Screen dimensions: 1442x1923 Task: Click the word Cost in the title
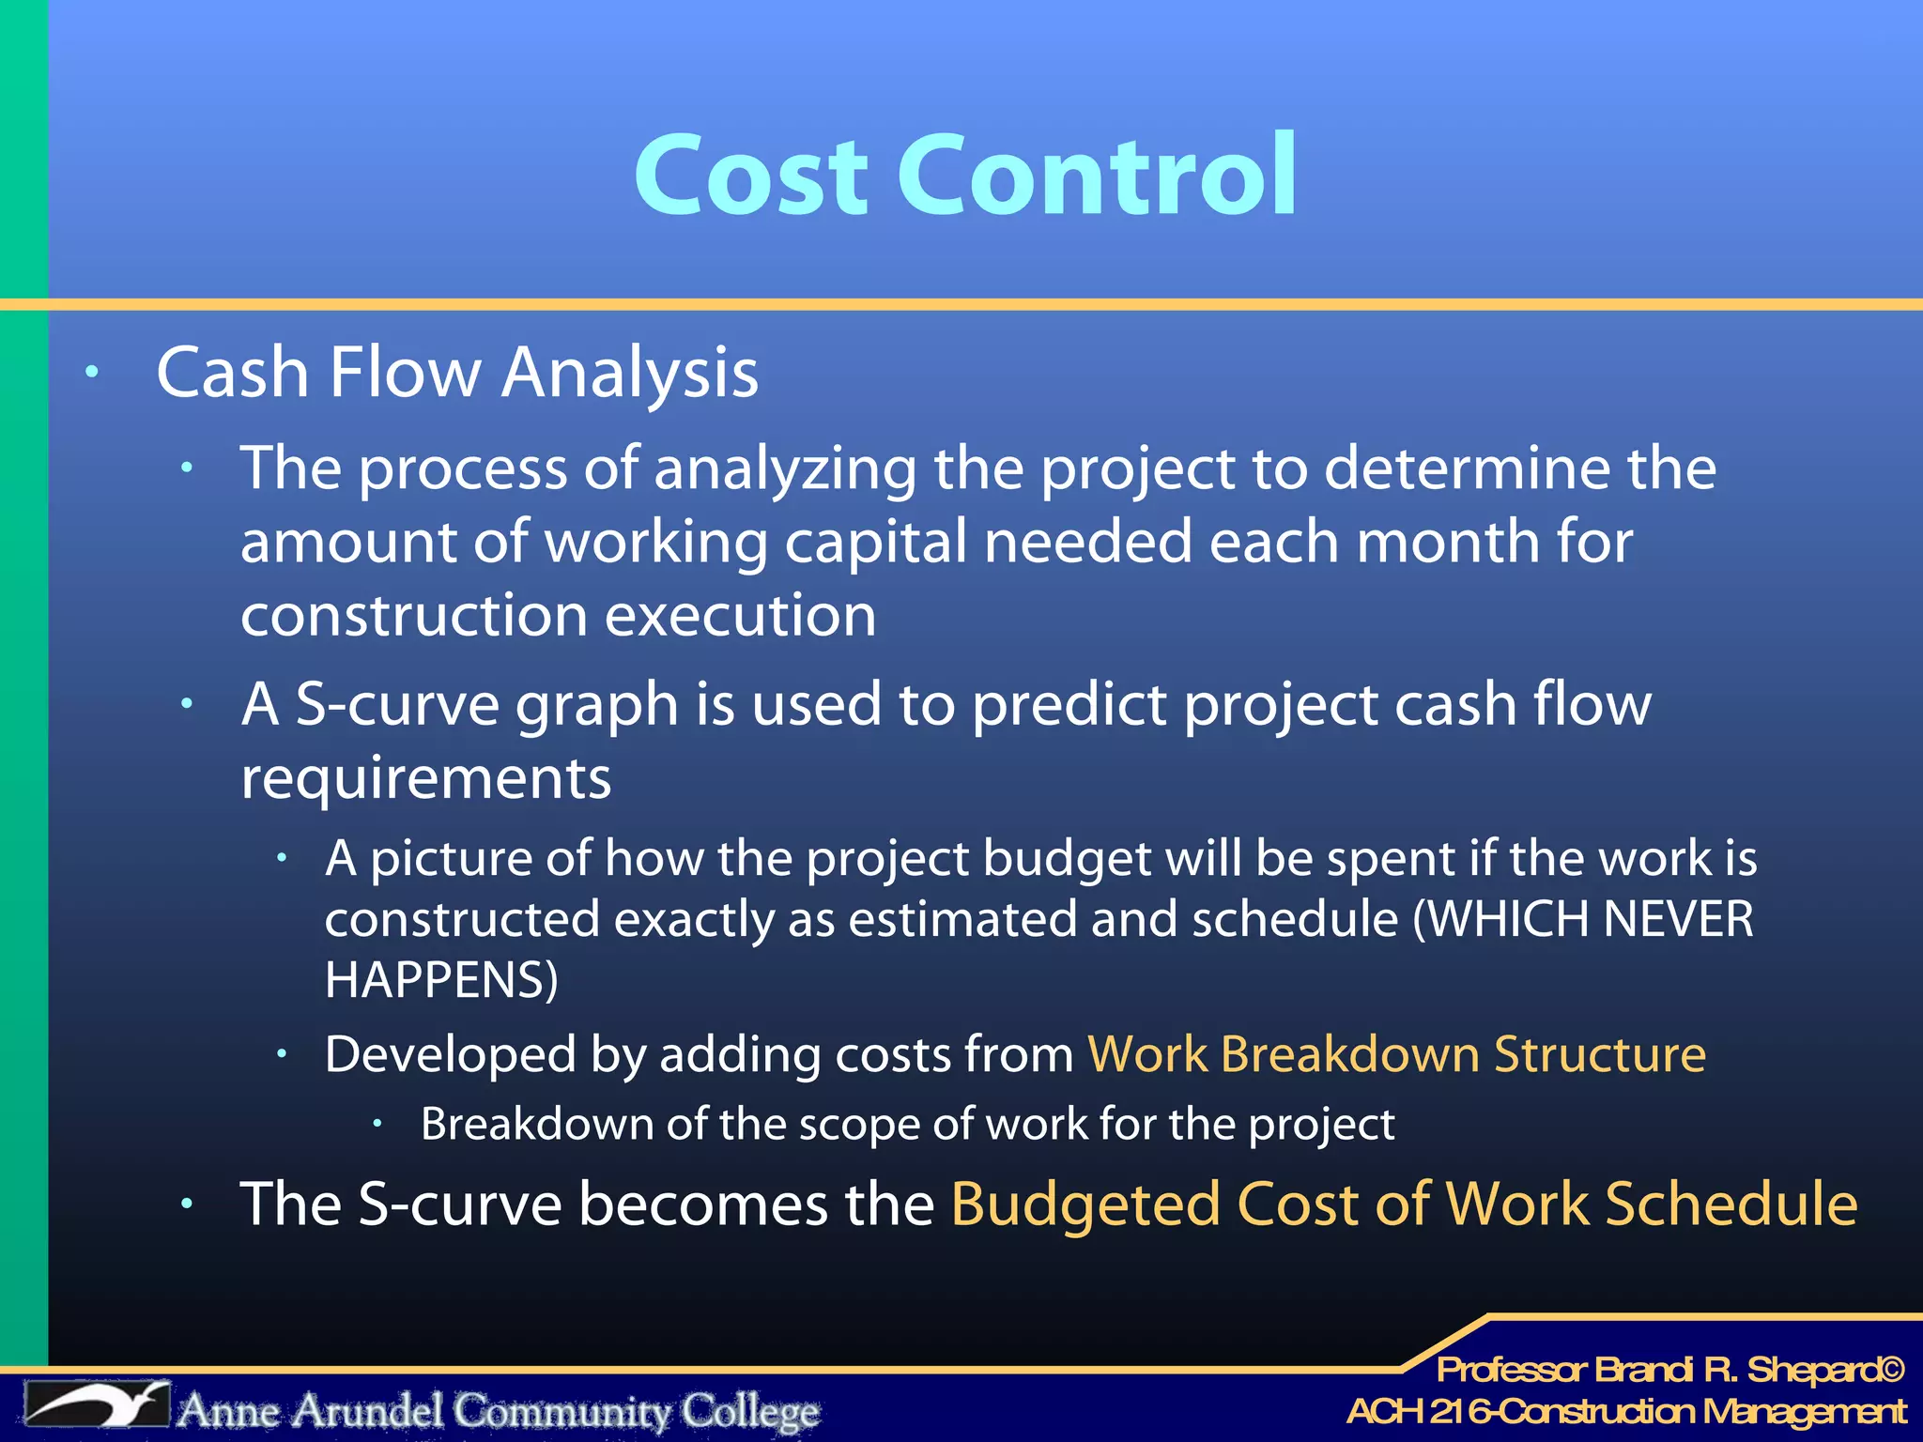coord(751,176)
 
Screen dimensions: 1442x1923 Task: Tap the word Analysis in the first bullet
coord(629,374)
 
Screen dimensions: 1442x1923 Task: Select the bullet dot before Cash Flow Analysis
coord(91,372)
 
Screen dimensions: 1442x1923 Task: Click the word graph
coord(597,704)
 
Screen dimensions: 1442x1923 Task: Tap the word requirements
coord(425,778)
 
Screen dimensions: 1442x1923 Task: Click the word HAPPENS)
coord(441,980)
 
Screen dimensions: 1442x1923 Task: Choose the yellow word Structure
coord(1599,1054)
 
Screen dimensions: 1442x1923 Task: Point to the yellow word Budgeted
coord(1085,1204)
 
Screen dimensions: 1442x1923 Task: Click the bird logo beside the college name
coord(97,1405)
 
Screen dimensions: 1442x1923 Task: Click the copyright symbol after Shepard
coord(1891,1370)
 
